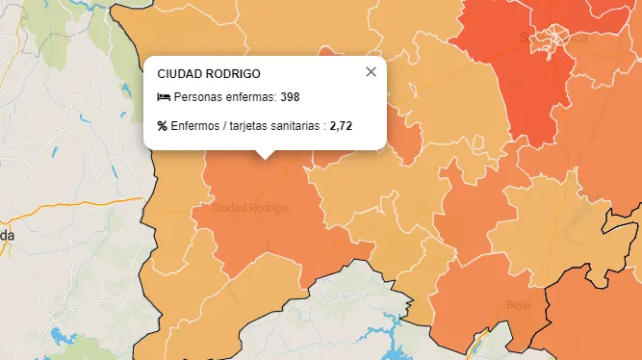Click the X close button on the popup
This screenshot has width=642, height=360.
pos(371,72)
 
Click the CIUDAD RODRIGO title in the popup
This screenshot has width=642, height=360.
pos(208,73)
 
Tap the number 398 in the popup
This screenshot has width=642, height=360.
pos(291,97)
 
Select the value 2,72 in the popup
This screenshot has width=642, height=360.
pos(342,126)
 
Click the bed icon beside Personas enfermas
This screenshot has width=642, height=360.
pos(163,97)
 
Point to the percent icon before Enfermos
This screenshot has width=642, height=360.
pos(162,126)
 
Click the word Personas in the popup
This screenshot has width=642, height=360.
pos(196,97)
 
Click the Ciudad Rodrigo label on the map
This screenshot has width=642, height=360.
pos(249,208)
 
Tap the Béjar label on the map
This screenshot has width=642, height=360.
pos(518,305)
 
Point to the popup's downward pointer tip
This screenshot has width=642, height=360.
pos(267,156)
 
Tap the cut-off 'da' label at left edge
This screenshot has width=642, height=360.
pos(6,235)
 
